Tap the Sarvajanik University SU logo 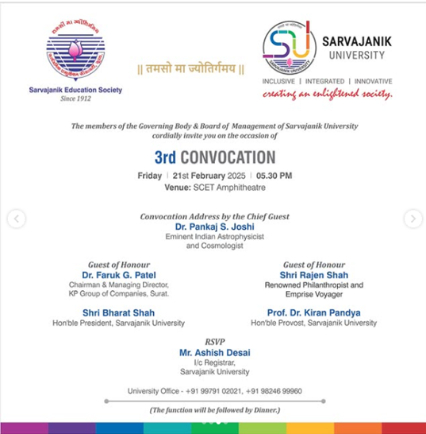[290, 45]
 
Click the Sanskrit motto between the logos [191, 69]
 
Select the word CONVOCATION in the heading [227, 157]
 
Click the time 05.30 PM [274, 176]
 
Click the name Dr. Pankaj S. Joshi [213, 227]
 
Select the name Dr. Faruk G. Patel [120, 275]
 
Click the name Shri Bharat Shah [118, 312]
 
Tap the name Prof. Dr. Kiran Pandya [313, 312]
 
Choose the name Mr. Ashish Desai [213, 351]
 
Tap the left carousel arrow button [16, 219]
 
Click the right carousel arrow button [413, 219]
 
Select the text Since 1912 [77, 99]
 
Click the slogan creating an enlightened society [328, 95]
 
